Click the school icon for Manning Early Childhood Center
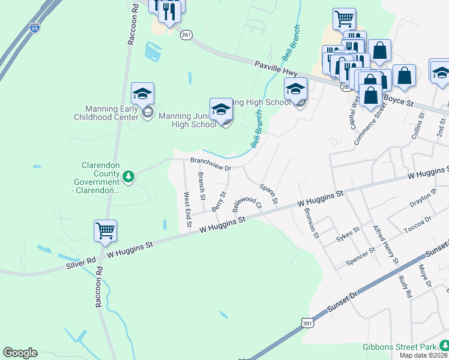point(143,94)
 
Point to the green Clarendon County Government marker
point(128,176)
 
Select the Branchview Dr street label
point(211,164)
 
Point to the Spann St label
point(268,194)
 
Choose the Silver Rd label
point(81,262)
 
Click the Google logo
point(20,353)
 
